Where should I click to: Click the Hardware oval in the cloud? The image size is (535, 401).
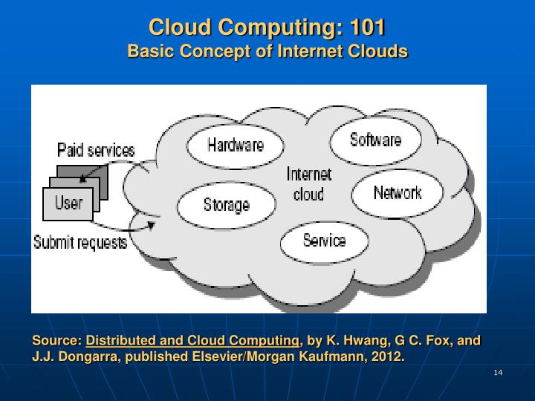point(235,146)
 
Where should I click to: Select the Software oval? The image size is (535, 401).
point(375,140)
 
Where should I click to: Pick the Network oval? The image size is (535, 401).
point(397,193)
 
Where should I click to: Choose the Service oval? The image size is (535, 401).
point(324,241)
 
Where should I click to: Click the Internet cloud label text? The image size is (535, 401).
point(308,184)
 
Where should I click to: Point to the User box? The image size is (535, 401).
point(68,203)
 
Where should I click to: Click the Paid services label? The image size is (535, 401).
point(96,151)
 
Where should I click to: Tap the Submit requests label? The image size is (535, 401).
point(80,243)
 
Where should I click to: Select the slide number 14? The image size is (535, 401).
point(498,372)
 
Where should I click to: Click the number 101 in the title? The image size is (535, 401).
point(367,28)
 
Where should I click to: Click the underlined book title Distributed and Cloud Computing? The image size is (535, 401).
point(192,341)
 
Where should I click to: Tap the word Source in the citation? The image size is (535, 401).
point(56,341)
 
